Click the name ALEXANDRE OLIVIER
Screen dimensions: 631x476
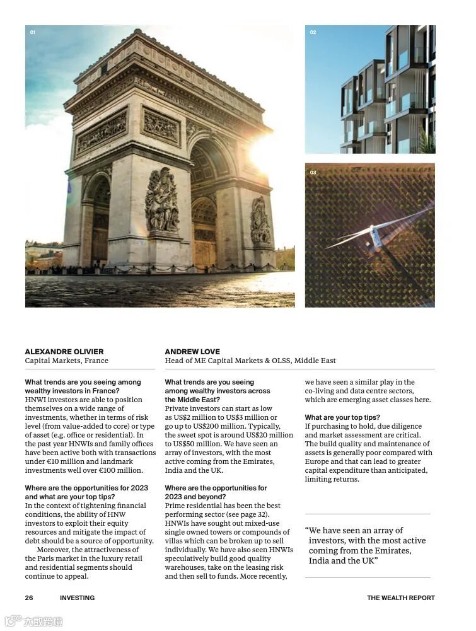[x=64, y=352]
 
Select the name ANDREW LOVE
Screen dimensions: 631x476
[x=192, y=352]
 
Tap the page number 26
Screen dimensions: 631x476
[x=29, y=598]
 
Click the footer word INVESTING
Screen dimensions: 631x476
[x=77, y=598]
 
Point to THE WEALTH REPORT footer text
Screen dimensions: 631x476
[x=400, y=598]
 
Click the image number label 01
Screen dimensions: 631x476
[x=33, y=32]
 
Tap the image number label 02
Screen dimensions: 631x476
[x=313, y=32]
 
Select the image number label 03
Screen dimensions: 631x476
[x=313, y=172]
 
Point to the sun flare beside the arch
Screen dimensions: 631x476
[x=265, y=151]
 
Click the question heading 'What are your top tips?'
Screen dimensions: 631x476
[x=342, y=417]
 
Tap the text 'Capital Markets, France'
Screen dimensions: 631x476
[x=66, y=361]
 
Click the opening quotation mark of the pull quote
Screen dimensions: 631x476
[x=307, y=531]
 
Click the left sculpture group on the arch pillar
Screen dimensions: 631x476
[x=161, y=202]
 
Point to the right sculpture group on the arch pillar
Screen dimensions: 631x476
[x=260, y=221]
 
